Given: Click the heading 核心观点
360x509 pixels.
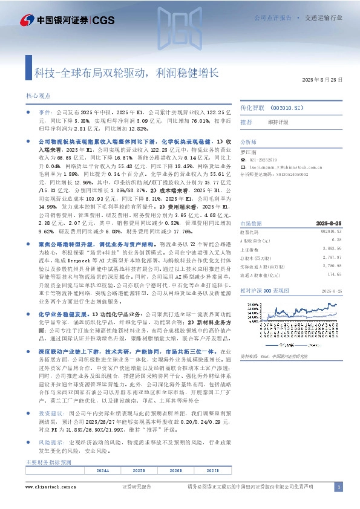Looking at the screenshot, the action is pyautogui.click(x=38, y=96).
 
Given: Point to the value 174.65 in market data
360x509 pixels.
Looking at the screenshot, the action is pyautogui.click(x=326, y=291).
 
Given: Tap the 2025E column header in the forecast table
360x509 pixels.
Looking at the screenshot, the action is pyautogui.click(x=139, y=470).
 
